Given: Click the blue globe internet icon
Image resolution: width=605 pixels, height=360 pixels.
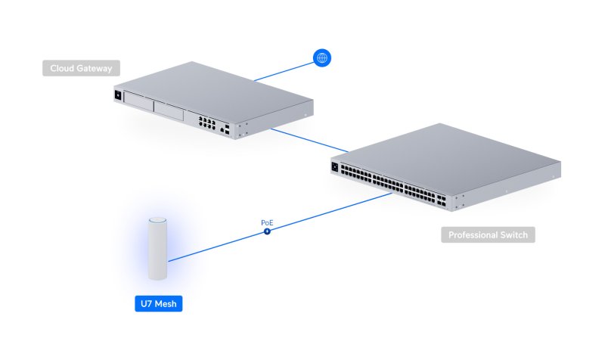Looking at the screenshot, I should pos(321,57).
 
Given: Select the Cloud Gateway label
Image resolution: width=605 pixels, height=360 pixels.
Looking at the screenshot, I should pos(81,69).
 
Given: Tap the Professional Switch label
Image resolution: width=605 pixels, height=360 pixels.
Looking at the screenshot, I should pos(488,234).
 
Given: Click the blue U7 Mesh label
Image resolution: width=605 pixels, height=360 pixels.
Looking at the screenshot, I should pos(159,305).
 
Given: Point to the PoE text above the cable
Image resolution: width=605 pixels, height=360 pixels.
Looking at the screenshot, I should pos(267,223).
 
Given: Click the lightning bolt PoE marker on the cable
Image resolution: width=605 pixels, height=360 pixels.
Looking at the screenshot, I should pos(267,232).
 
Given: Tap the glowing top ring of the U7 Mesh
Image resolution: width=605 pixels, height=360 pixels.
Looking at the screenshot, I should pos(157,221).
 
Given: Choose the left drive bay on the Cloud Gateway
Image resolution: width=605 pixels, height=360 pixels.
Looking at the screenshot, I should pos(138,103).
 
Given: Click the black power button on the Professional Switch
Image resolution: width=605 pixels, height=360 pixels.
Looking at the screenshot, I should pos(335,166).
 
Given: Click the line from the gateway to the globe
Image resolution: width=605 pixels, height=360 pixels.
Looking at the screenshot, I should pos(284,70).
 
